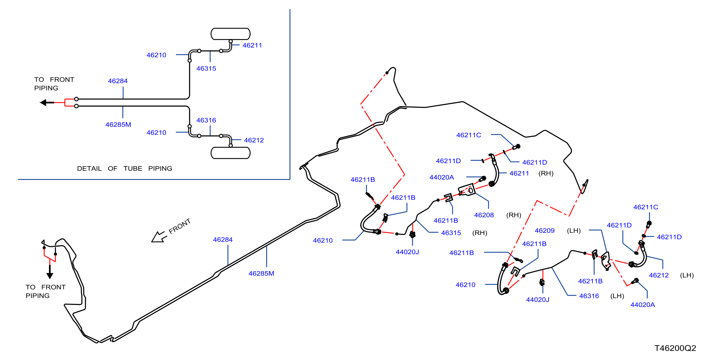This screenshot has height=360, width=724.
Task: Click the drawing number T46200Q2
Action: coord(675,348)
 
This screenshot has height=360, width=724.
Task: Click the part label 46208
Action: coord(484,215)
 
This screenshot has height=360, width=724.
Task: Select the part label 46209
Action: coord(544,231)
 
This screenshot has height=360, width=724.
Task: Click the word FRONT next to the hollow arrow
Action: coord(180,226)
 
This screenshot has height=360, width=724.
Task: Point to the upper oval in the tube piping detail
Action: coord(231,34)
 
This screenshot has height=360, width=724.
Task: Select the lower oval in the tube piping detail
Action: coord(231,153)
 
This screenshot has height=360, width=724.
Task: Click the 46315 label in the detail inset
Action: coord(206,68)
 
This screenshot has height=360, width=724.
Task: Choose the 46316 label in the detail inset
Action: coord(206,120)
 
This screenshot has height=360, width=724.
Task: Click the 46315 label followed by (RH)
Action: coord(451,233)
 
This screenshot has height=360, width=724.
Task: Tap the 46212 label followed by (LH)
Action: coord(659,275)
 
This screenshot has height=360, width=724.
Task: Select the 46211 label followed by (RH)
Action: coord(519,173)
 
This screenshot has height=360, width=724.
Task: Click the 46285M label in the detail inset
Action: coord(118,125)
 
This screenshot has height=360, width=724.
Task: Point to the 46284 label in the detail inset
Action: coord(118,81)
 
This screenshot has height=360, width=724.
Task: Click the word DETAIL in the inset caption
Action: coord(89,168)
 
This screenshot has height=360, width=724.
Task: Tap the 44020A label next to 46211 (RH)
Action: coord(442,177)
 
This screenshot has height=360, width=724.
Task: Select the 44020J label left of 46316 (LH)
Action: coord(537,300)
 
